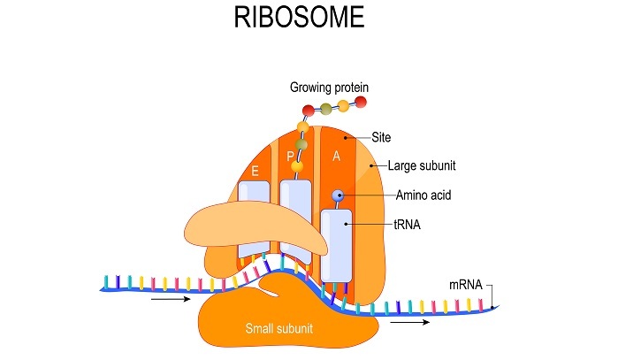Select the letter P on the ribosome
pos(290,157)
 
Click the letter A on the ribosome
pos(335,156)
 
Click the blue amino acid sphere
pos(337,195)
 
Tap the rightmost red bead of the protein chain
pos(361,104)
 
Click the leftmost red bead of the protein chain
pos(309,111)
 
